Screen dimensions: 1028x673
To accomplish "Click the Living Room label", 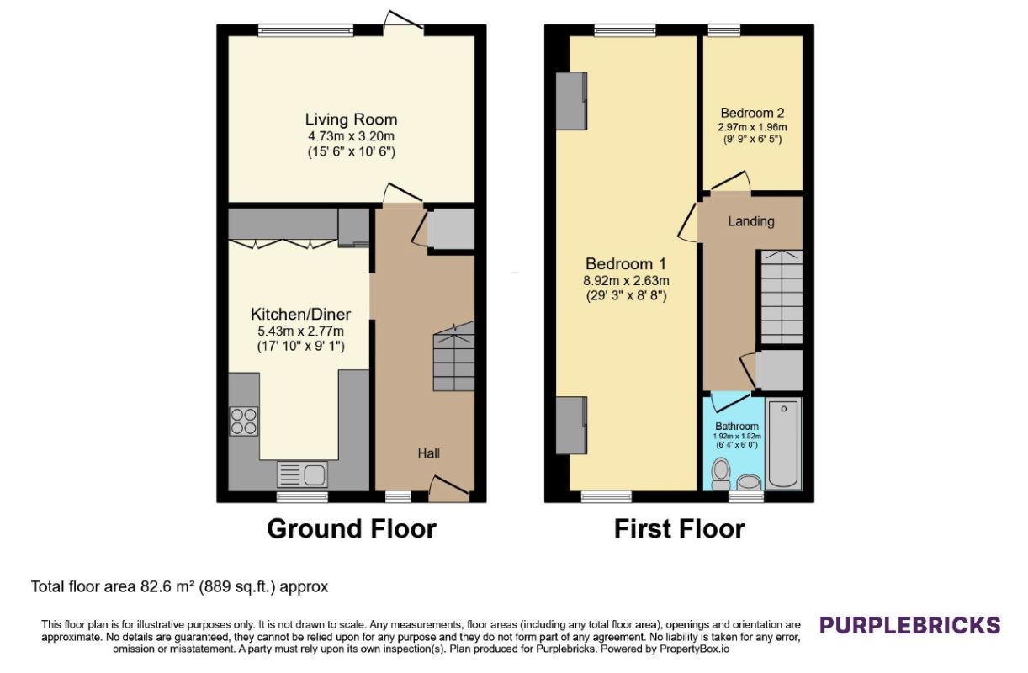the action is [x=351, y=119].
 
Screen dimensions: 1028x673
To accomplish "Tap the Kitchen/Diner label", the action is [x=300, y=314].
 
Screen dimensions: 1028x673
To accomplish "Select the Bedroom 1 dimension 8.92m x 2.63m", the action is [x=626, y=280].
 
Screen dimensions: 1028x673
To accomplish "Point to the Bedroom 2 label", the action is [x=752, y=113].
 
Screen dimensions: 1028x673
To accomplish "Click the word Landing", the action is [x=751, y=221].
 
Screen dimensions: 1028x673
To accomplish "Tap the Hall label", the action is [x=429, y=453].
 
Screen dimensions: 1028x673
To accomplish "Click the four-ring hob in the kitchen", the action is [x=244, y=421].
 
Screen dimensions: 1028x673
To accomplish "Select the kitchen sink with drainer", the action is [x=302, y=474].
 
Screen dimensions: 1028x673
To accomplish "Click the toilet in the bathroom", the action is [x=721, y=474].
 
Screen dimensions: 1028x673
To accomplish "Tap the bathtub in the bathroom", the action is [x=783, y=443].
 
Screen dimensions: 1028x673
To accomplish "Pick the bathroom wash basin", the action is [x=749, y=482].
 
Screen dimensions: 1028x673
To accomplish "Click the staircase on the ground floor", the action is [x=453, y=357].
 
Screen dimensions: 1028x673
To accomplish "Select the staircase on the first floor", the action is [x=782, y=297].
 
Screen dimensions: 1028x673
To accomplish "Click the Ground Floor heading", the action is [x=352, y=529].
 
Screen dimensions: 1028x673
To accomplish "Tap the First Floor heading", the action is [x=679, y=529].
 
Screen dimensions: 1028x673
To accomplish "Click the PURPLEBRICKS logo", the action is [x=909, y=625].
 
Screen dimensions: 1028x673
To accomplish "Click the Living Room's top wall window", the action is [x=305, y=30].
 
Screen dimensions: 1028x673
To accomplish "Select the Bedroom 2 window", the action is [x=724, y=30].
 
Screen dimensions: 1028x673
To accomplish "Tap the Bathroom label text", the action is [x=737, y=426].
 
